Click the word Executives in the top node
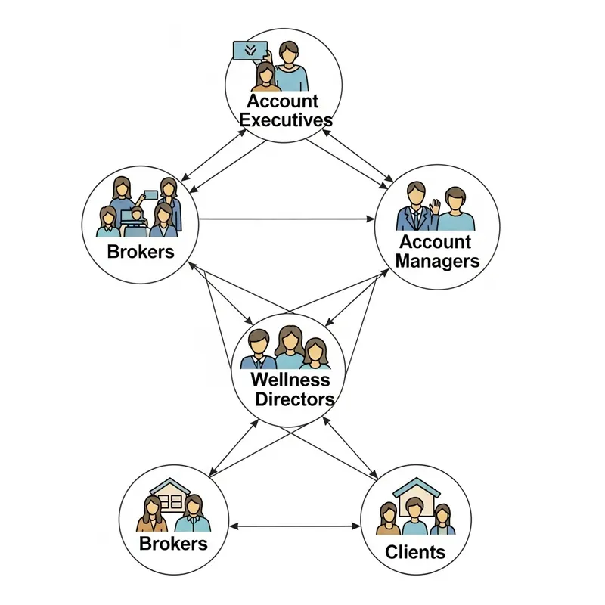pyautogui.click(x=284, y=120)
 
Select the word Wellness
pyautogui.click(x=290, y=379)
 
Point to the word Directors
pyautogui.click(x=294, y=399)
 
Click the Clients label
pyautogui.click(x=415, y=551)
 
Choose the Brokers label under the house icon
pyautogui.click(x=173, y=543)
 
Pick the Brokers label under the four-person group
pyautogui.click(x=141, y=251)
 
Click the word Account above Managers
pyautogui.click(x=435, y=242)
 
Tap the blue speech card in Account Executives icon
pyautogui.click(x=250, y=51)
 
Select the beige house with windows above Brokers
pyautogui.click(x=171, y=495)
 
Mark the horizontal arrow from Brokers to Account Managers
pyautogui.click(x=287, y=219)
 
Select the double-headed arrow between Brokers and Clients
pyautogui.click(x=296, y=526)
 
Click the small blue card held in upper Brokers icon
pyautogui.click(x=150, y=194)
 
